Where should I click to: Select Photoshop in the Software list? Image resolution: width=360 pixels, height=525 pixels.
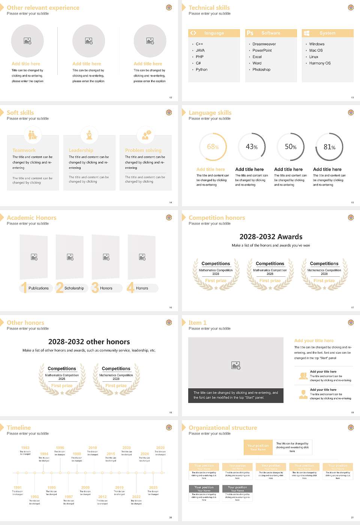point(261,70)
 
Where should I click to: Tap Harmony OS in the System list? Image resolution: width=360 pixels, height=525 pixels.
point(319,63)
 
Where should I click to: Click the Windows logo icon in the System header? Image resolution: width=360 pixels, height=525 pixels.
point(306,33)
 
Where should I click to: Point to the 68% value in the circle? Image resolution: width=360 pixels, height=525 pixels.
point(213,147)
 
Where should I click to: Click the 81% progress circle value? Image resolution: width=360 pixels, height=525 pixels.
point(329,147)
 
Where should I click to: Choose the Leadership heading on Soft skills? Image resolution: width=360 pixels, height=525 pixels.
point(81,150)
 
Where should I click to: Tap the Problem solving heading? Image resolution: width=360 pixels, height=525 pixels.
point(143,150)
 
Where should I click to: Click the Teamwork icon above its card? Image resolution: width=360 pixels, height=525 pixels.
point(33,135)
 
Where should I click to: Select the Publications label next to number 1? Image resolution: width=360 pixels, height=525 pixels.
point(38,288)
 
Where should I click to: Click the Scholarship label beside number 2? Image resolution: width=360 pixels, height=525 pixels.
point(74,288)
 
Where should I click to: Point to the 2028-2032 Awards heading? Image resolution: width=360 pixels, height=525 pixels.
point(271,237)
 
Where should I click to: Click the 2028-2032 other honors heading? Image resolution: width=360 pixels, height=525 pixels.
point(89,342)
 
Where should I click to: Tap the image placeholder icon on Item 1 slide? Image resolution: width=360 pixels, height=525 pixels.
point(235,365)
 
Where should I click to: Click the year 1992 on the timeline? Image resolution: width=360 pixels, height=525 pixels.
point(25,448)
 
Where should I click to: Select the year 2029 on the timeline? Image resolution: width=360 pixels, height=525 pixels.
point(160,448)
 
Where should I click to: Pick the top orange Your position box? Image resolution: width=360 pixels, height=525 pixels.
point(258,447)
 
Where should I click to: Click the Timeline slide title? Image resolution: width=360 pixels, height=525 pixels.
point(19,427)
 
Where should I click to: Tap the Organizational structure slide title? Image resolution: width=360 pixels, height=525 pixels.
point(223,427)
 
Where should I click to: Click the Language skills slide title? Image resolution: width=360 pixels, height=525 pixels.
point(210,112)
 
